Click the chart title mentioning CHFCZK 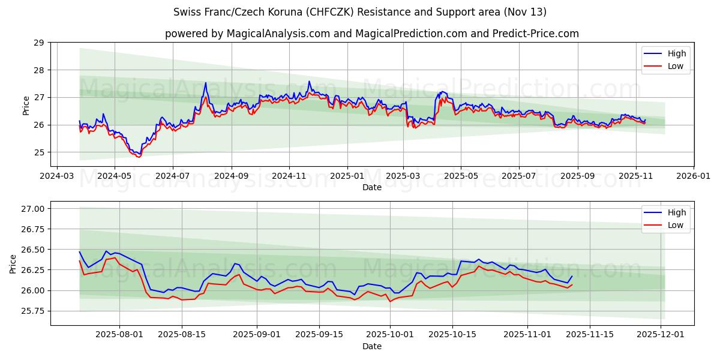pyautogui.click(x=360, y=12)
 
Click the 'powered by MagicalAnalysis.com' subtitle pyautogui.click(x=372, y=34)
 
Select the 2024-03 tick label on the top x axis pyautogui.click(x=56, y=176)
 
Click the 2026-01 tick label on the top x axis pyautogui.click(x=694, y=176)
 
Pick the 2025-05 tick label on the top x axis pyautogui.click(x=461, y=176)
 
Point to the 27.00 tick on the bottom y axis pyautogui.click(x=33, y=209)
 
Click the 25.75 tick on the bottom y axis pyautogui.click(x=33, y=311)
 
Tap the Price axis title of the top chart pyautogui.click(x=26, y=104)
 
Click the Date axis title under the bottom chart pyautogui.click(x=372, y=346)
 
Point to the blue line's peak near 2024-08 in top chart pyautogui.click(x=205, y=83)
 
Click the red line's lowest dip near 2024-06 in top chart pyautogui.click(x=139, y=157)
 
